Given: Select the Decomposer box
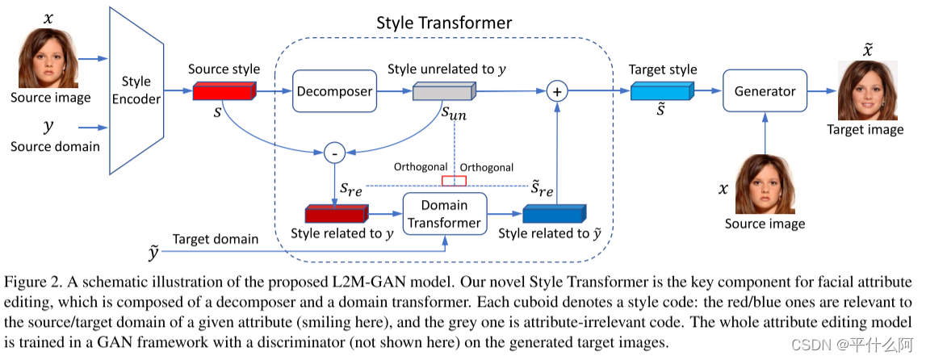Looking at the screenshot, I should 334,91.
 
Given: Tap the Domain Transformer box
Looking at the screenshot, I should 445,214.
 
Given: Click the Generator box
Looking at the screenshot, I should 765,91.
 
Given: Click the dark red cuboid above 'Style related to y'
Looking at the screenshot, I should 336,214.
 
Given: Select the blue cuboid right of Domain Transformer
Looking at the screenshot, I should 554,214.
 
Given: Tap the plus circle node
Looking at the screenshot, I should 556,91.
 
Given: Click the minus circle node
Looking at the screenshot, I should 333,150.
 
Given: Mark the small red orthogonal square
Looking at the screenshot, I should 454,180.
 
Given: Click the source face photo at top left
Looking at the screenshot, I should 45,59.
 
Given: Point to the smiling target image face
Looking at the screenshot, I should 866,91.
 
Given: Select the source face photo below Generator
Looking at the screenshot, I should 765,183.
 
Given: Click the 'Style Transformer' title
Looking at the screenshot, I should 443,23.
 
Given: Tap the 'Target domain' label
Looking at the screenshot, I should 215,239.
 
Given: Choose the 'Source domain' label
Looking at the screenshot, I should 55,146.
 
